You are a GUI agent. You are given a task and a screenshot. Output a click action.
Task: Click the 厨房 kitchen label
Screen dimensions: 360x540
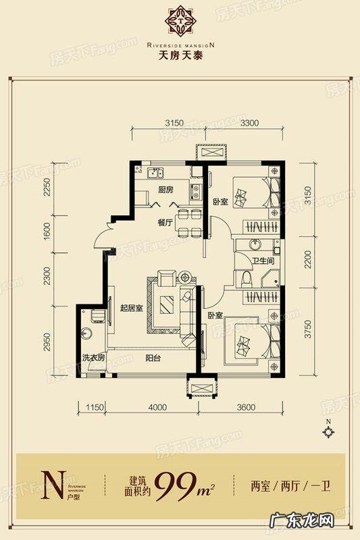(x=165, y=190)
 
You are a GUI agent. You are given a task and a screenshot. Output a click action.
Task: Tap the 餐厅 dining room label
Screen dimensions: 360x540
(x=165, y=223)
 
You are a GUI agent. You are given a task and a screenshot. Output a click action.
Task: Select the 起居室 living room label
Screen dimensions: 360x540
(x=131, y=308)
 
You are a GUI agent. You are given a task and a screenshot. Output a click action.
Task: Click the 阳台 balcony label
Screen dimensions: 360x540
(x=153, y=358)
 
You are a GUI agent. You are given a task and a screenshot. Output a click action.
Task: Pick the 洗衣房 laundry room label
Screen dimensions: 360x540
(x=94, y=358)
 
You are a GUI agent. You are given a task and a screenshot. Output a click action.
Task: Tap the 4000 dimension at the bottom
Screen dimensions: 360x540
(x=157, y=408)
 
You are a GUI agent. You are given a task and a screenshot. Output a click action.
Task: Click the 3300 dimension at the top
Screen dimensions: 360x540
(x=249, y=123)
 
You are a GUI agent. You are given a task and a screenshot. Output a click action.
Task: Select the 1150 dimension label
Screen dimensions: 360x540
(x=95, y=408)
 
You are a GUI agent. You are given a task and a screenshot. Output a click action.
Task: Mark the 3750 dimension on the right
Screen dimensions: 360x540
(x=307, y=329)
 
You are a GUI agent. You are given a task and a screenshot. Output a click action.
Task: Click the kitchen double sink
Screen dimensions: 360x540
(x=155, y=173)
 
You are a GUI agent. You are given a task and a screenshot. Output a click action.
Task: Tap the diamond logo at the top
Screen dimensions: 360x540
(x=180, y=20)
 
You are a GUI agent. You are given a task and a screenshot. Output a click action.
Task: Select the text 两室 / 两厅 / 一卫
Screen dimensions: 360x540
(x=290, y=487)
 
